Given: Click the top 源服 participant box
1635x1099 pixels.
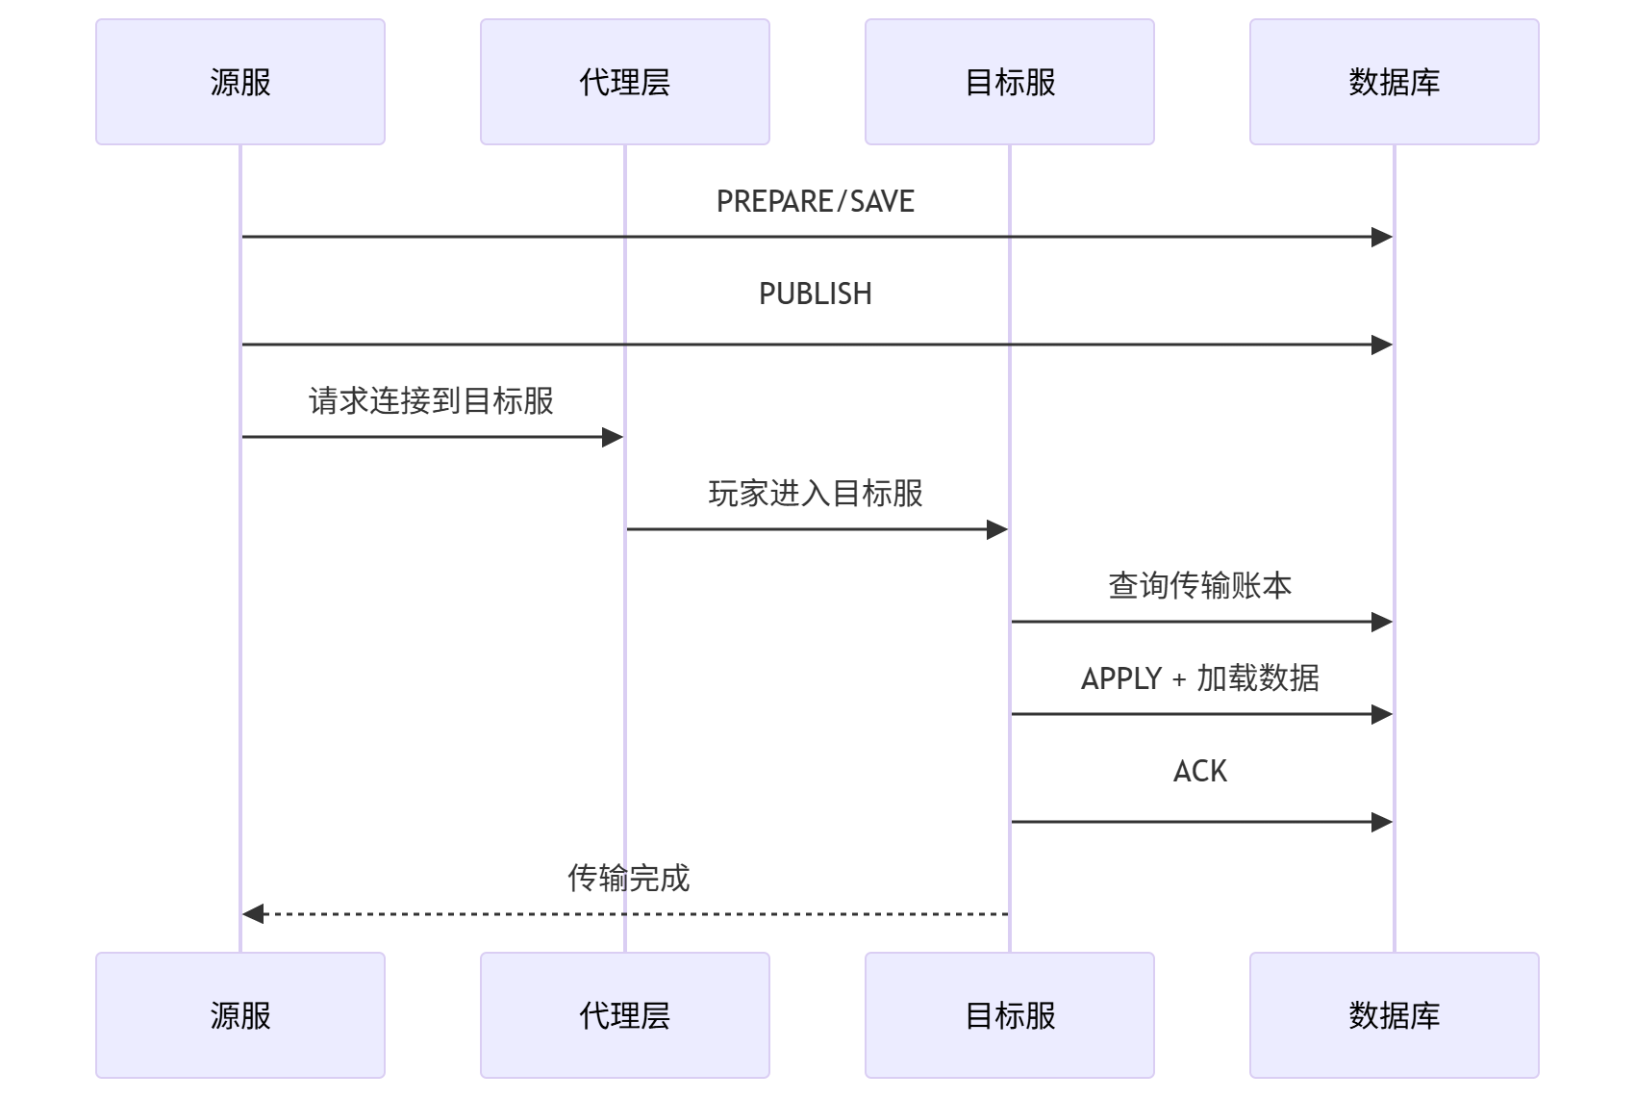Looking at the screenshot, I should (240, 82).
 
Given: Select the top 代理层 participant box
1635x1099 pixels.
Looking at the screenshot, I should (625, 82).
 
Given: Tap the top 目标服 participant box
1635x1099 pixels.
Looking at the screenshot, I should (1010, 82).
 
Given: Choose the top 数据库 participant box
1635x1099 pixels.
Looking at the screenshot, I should (1395, 82).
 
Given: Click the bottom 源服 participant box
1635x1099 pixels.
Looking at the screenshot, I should (240, 1015).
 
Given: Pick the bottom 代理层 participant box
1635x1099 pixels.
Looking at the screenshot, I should (625, 1015).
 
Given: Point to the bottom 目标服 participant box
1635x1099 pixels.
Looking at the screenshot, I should (1010, 1015).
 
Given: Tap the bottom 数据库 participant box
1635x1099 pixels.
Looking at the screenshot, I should (1395, 1015).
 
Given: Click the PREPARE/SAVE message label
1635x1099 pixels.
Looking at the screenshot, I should (816, 201).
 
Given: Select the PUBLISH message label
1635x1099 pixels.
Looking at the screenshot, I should (816, 294).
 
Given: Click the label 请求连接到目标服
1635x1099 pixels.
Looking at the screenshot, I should (431, 400).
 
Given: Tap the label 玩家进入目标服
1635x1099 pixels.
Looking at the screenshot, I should (816, 493).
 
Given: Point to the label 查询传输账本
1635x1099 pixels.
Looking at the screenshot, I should (1200, 585).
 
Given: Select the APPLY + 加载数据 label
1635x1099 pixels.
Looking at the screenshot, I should (1200, 678).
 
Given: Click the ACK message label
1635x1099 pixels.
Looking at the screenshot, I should (1200, 771).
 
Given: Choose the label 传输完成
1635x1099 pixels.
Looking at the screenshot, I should (628, 878).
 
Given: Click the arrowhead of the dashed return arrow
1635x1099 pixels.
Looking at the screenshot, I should (253, 913).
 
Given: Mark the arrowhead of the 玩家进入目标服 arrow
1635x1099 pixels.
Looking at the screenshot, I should (997, 529).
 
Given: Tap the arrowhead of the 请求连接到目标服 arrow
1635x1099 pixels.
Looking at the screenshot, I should (613, 437).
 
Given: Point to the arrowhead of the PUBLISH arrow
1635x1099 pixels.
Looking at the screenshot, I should (1382, 345).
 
